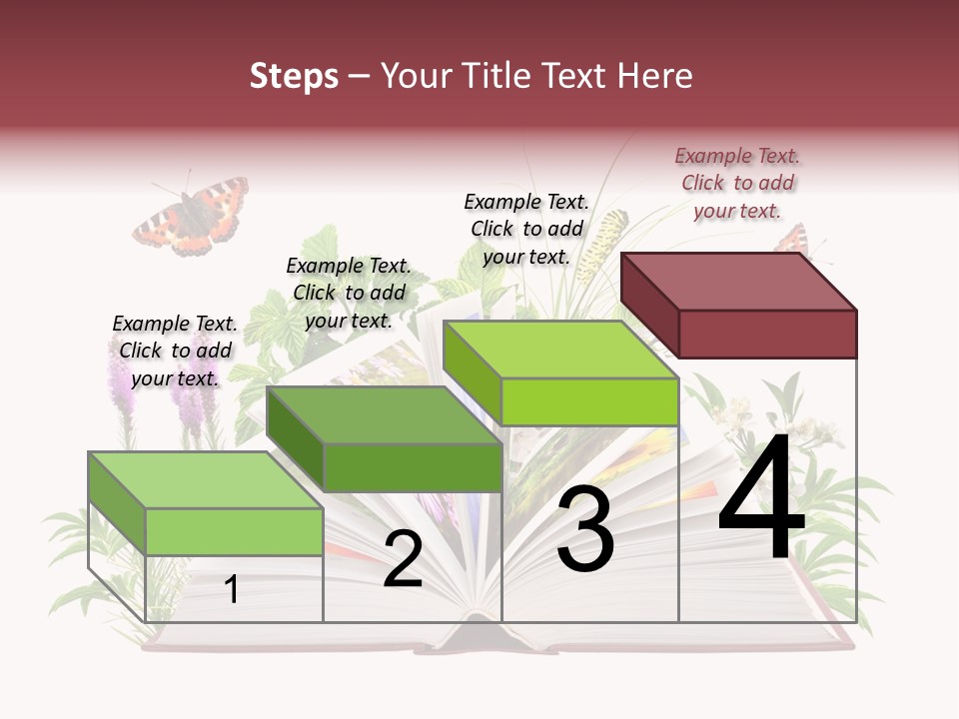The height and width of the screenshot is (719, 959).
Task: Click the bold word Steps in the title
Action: pyautogui.click(x=294, y=76)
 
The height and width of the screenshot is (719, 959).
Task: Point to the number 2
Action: pyautogui.click(x=403, y=559)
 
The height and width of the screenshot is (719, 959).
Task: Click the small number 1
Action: pyautogui.click(x=232, y=589)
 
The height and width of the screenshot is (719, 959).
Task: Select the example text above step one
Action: pyautogui.click(x=175, y=351)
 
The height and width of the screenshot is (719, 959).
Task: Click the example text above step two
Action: pyautogui.click(x=349, y=293)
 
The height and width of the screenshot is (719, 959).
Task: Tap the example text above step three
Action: pyautogui.click(x=526, y=229)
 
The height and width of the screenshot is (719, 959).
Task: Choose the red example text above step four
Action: pyautogui.click(x=737, y=183)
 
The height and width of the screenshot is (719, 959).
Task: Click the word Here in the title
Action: pyautogui.click(x=655, y=76)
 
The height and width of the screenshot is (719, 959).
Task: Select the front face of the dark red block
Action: pyautogui.click(x=767, y=334)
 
